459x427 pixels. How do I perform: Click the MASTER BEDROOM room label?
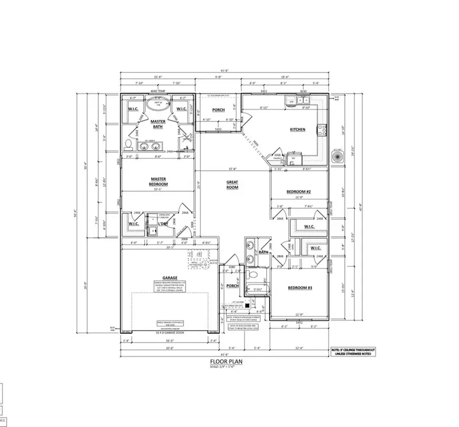(158, 181)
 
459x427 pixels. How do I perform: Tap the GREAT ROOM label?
(233, 184)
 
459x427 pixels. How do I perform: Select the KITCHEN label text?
(297, 129)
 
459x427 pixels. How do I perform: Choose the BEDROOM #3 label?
(300, 288)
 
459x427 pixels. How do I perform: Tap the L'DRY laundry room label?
(163, 223)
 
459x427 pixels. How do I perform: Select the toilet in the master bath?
(128, 143)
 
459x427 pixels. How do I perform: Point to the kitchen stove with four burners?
(322, 130)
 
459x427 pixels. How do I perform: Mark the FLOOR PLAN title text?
(225, 362)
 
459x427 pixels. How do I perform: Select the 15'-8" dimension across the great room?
(232, 169)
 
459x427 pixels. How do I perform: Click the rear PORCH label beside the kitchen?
(219, 110)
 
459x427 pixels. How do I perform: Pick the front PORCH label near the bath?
(232, 286)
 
